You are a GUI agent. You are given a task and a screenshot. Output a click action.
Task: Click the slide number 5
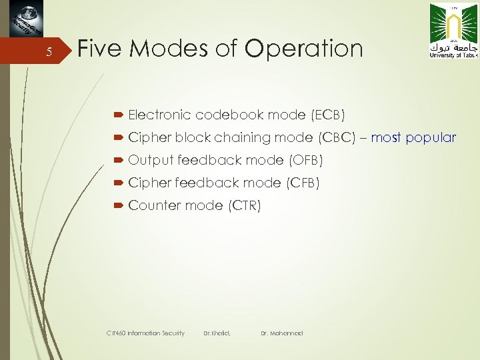48,54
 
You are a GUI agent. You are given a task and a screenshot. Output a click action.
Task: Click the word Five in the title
101,49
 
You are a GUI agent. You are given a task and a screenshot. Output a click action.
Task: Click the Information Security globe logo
25,19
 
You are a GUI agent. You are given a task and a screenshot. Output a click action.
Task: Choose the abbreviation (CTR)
245,205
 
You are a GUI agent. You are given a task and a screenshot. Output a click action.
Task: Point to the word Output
151,161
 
